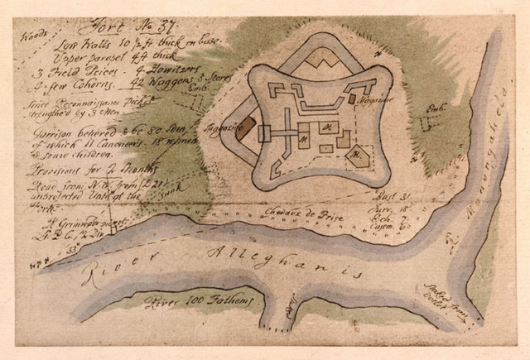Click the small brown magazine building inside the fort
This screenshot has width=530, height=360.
352,97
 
